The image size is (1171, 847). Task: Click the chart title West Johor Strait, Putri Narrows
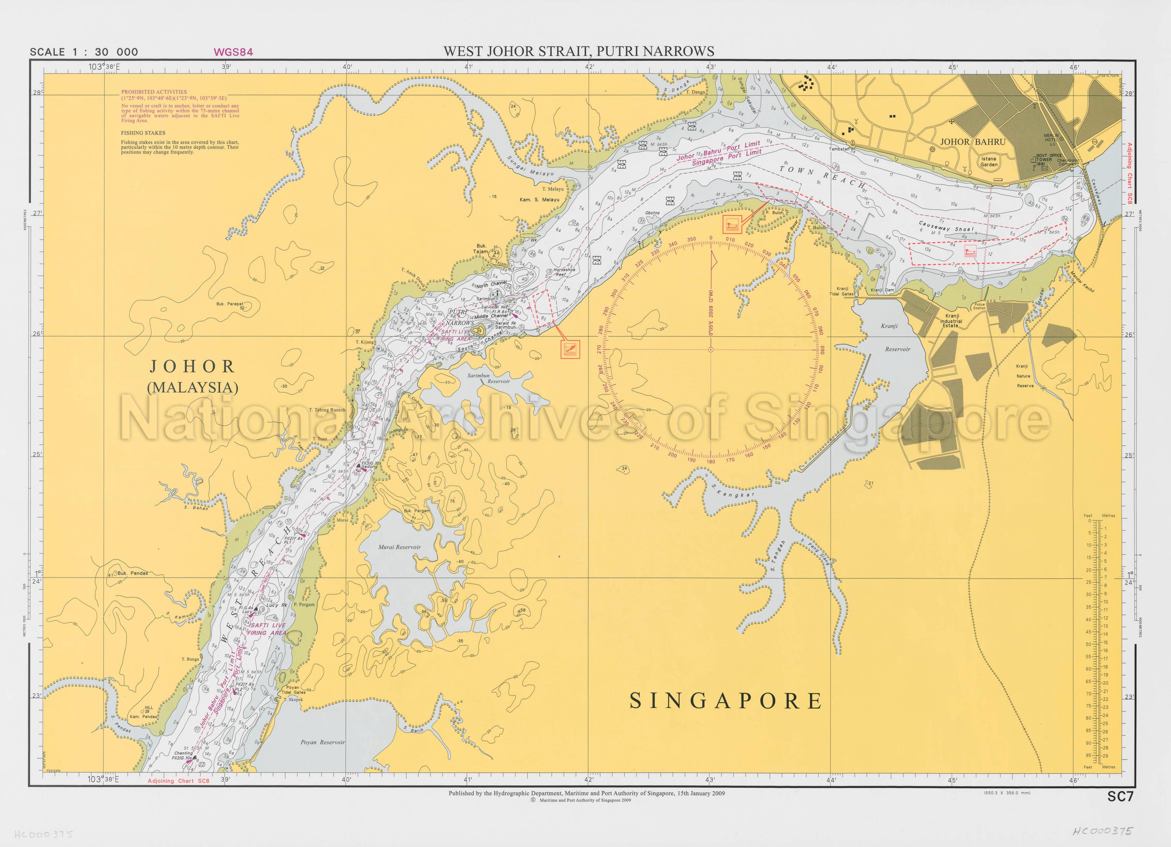pyautogui.click(x=579, y=51)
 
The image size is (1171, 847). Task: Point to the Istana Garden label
pyautogui.click(x=989, y=162)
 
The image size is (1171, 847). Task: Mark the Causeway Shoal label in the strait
pyautogui.click(x=946, y=227)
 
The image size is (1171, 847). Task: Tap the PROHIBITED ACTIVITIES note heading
pyautogui.click(x=154, y=92)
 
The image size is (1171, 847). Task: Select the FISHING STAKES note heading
pyautogui.click(x=143, y=133)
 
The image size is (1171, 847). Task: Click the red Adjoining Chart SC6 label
pyautogui.click(x=179, y=781)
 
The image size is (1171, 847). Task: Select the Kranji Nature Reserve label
pyautogui.click(x=1025, y=376)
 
